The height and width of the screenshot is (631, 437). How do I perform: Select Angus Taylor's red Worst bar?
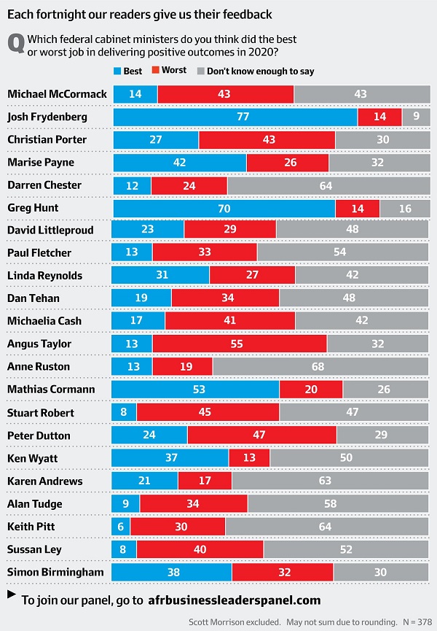[240, 344]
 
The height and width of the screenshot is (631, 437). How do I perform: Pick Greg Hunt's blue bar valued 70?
[224, 208]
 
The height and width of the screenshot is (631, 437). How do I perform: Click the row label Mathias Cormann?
[51, 389]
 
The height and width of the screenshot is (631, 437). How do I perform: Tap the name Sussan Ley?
[34, 549]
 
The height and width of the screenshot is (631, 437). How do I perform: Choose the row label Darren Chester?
[44, 185]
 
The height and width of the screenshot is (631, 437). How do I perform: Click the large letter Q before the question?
[16, 44]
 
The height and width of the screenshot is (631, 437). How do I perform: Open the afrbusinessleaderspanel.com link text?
[234, 600]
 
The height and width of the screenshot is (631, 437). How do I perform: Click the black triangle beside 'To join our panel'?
[11, 595]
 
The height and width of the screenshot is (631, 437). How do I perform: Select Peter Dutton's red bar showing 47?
[261, 435]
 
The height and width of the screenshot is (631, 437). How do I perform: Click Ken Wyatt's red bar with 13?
[249, 457]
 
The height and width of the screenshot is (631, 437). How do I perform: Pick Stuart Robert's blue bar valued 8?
[123, 412]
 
